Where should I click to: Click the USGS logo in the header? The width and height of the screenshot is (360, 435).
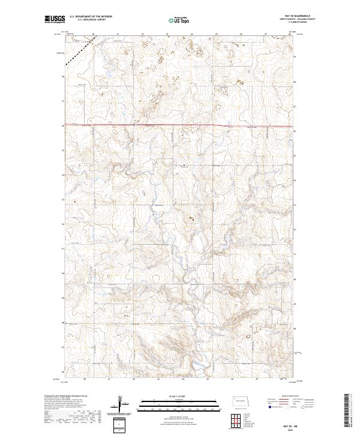point(55,20)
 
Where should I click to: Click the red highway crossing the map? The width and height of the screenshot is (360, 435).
point(180,125)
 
